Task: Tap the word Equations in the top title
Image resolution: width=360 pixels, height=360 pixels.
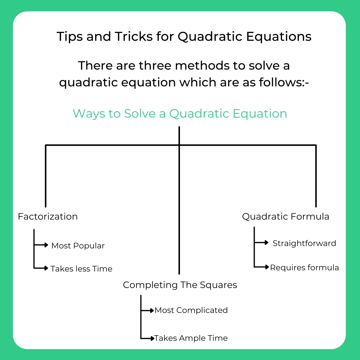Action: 279,37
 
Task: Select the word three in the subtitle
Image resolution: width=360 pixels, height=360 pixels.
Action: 156,65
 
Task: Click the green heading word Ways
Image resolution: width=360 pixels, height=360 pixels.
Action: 89,114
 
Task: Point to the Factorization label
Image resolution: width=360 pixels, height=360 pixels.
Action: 48,217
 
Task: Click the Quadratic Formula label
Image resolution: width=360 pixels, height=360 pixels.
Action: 286,217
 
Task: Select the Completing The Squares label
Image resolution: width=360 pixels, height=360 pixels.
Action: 180,285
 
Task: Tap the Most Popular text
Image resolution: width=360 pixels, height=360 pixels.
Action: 78,246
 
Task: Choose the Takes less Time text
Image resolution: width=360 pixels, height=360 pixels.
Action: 81,269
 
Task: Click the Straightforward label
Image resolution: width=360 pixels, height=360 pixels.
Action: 304,243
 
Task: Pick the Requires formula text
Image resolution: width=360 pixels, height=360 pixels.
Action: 304,268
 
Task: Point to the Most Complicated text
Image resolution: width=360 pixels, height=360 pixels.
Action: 191,310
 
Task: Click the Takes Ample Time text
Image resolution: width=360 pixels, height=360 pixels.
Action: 191,338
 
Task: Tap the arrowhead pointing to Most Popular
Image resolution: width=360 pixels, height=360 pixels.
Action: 46,245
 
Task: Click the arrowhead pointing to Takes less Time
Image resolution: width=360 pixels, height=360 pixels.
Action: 46,268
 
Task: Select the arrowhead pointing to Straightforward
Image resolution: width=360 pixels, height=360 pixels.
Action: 267,243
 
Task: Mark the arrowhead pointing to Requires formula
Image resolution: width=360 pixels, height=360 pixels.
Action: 267,267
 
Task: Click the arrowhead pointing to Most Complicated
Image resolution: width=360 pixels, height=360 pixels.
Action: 152,310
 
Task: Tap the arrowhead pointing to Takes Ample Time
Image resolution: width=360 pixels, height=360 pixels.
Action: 152,338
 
